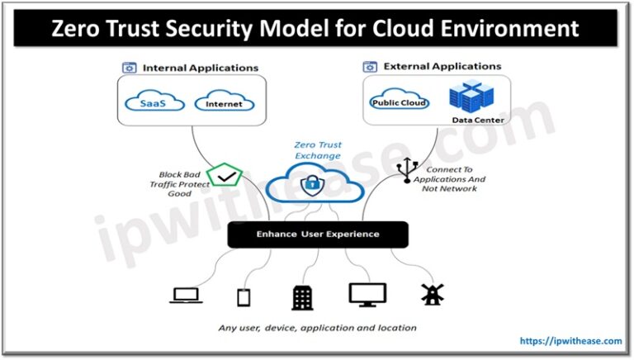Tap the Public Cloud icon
coord(399,102)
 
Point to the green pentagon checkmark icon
coord(222,177)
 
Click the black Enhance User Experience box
coord(318,234)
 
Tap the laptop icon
coord(184,295)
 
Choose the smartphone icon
coord(244,296)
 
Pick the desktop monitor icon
coord(367,295)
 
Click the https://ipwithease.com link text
coord(569,339)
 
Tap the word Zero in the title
coord(83,29)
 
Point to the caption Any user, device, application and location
coord(318,328)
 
